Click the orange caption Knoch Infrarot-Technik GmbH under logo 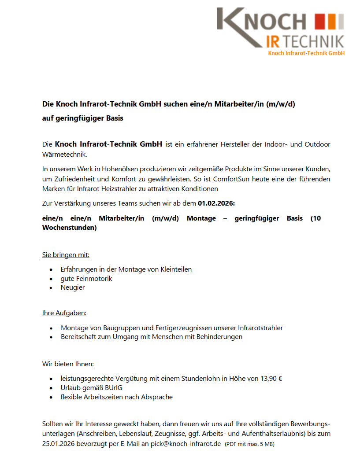(306, 53)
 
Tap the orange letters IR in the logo (275, 41)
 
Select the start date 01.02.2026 (216, 203)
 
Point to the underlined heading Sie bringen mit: (66, 254)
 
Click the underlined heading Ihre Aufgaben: (64, 313)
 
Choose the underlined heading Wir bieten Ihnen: (68, 364)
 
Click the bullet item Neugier (73, 287)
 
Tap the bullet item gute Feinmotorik (86, 278)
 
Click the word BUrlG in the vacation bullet (113, 388)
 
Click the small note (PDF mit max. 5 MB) (249, 444)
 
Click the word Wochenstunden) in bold (69, 228)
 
